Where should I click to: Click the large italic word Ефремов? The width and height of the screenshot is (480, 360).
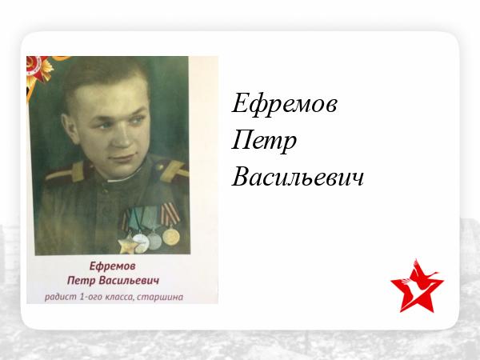284,104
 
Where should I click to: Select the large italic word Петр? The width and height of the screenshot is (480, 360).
264,142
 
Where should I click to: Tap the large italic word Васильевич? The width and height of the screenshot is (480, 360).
298,176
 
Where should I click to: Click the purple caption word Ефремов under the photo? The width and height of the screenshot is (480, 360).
112,266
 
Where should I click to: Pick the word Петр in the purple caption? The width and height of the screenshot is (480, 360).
82,281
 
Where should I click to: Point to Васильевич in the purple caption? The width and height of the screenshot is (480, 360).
130,281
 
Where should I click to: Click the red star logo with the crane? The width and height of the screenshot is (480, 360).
417,286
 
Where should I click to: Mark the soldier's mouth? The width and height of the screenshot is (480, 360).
122,158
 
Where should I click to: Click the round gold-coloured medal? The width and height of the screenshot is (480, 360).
171,236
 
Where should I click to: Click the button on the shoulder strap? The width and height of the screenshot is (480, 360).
159,167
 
